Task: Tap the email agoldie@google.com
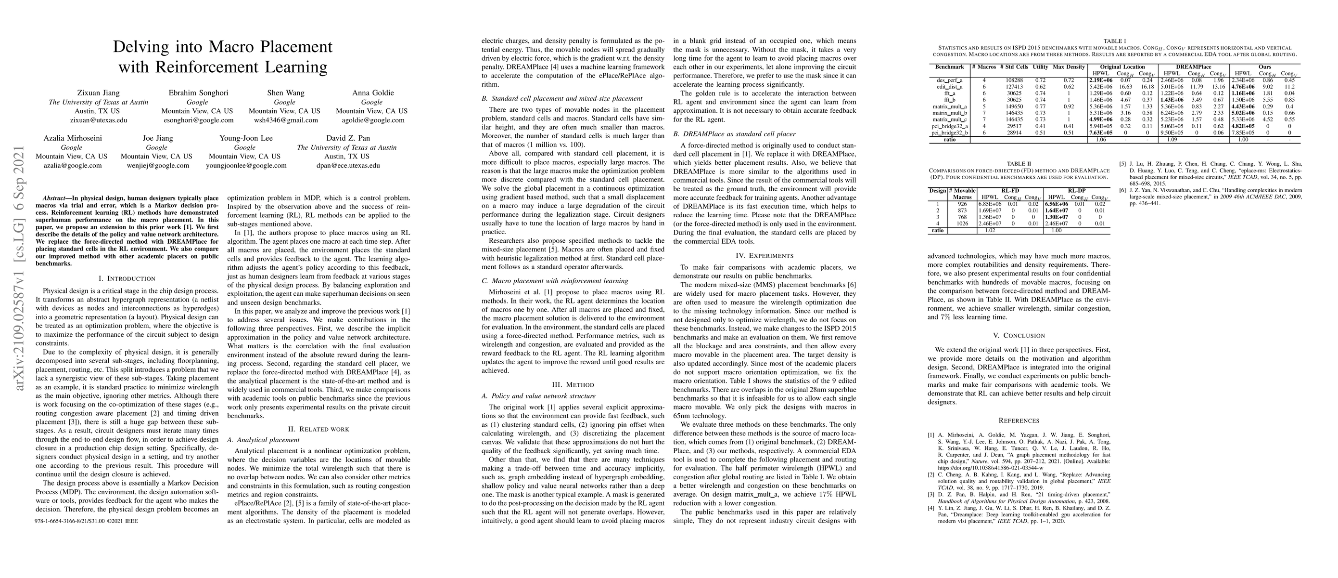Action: coord(371,120)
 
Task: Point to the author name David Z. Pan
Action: coord(346,138)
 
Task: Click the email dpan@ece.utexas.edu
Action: coord(346,166)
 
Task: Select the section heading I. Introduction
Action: coord(127,278)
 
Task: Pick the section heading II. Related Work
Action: coord(319,429)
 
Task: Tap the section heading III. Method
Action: coord(573,385)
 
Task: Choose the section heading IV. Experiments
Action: coord(764,255)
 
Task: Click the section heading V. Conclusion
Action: coord(1019,335)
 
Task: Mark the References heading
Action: coord(1019,420)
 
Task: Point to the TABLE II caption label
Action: coord(1019,163)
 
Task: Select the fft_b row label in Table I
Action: coord(949,100)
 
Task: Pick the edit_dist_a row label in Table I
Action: coord(949,87)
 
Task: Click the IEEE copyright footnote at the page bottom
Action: coord(86,520)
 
